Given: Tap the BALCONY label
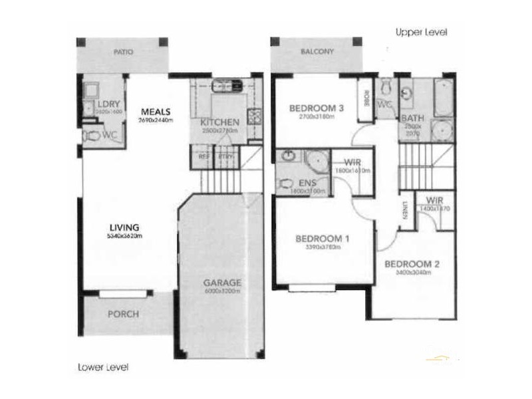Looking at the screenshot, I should coord(316,51).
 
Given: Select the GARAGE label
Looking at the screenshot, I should coord(222,282).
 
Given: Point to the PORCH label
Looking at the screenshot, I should coord(124,314).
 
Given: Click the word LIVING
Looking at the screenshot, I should coord(125,227).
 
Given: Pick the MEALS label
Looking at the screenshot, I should coord(156,112).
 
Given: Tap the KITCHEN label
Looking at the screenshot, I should coord(219,122).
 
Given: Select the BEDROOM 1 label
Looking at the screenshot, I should coord(323,239).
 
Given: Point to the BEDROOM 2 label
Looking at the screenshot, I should coord(412,263).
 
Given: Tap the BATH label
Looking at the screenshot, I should coord(408,119).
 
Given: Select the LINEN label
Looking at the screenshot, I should coord(404,209).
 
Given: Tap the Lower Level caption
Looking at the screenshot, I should coord(102,366).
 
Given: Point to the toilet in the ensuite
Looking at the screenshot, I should coord(285,184).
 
